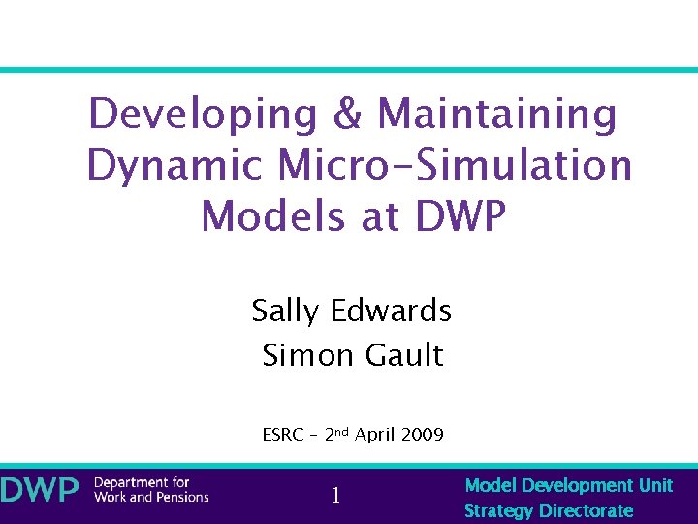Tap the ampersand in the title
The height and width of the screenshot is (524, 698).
point(347,115)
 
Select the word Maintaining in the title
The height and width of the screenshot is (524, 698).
point(497,115)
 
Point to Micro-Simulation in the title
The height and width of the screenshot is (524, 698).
point(455,166)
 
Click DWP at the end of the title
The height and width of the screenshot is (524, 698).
point(460,216)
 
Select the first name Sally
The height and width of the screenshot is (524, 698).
point(286,311)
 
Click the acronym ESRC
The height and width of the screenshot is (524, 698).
point(283,435)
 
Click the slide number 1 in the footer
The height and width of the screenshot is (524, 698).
point(335,496)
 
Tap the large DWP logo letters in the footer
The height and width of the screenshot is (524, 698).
point(40,490)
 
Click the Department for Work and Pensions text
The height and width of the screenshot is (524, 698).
point(151,490)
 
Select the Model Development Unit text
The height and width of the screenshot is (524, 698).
point(568,485)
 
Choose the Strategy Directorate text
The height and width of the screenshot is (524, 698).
point(549,510)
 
